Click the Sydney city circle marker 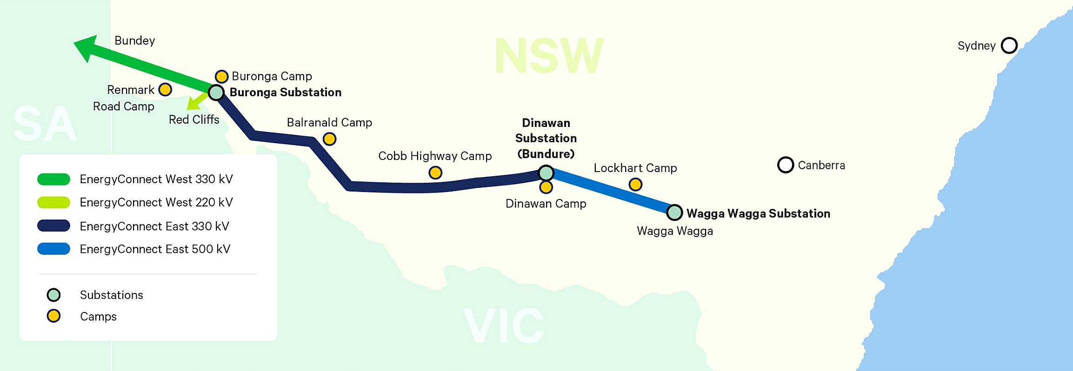point(1009,46)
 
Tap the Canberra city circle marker point(785,165)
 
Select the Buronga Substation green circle point(216,93)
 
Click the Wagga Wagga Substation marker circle point(674,212)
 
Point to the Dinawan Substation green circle point(546,173)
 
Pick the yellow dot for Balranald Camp point(329,139)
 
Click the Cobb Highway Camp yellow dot point(435,173)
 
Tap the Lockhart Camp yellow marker point(635,185)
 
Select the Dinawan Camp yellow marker point(546,187)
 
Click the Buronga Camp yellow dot point(221,76)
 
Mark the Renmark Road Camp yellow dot point(165,89)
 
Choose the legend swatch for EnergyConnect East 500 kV point(53,249)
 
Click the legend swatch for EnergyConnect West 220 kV point(53,202)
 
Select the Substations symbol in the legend point(53,295)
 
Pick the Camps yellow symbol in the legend point(53,316)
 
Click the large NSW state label point(549,56)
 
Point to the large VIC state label point(504,325)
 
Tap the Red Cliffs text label point(194,119)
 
